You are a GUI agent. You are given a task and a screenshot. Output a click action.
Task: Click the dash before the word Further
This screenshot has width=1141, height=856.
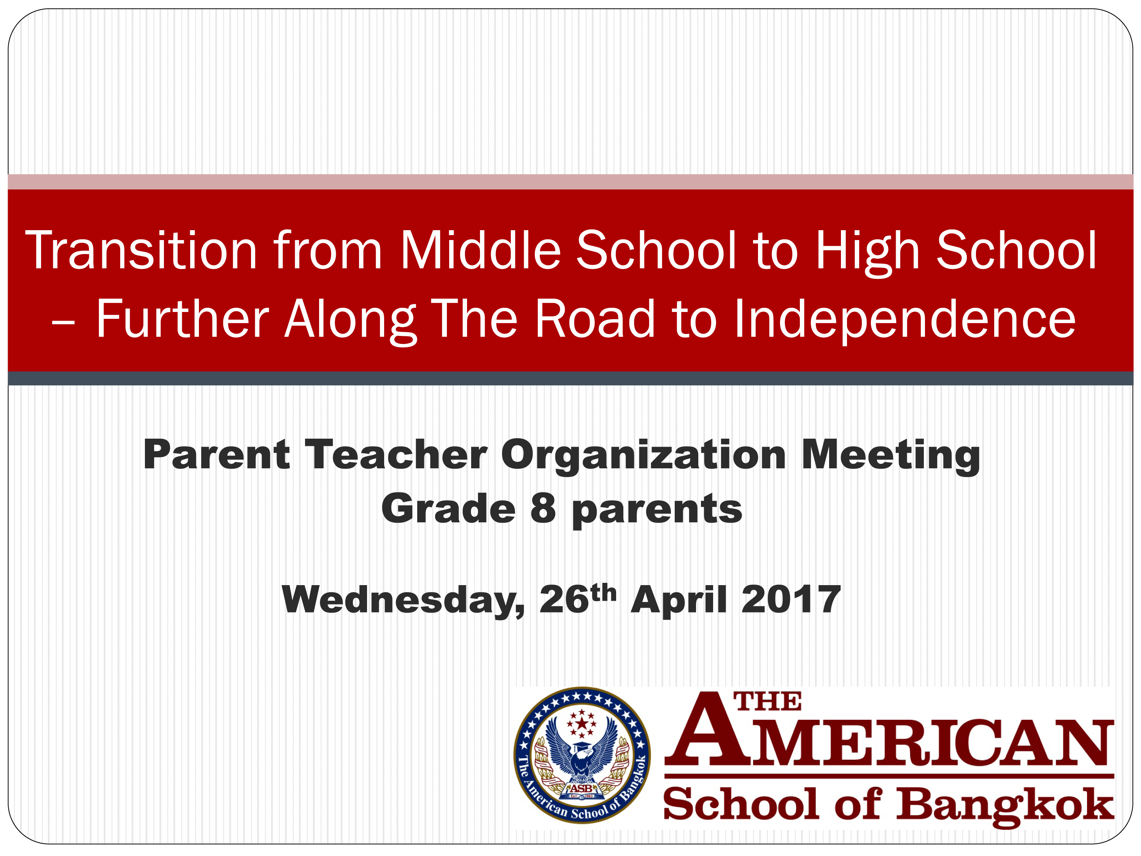pyautogui.click(x=64, y=325)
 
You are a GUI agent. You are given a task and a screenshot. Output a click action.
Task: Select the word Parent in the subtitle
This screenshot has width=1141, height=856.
pyautogui.click(x=217, y=455)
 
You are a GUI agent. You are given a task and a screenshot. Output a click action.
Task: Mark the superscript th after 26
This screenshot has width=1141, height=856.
pyautogui.click(x=604, y=593)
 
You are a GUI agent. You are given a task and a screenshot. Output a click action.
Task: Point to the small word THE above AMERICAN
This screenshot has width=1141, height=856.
pyautogui.click(x=768, y=702)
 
